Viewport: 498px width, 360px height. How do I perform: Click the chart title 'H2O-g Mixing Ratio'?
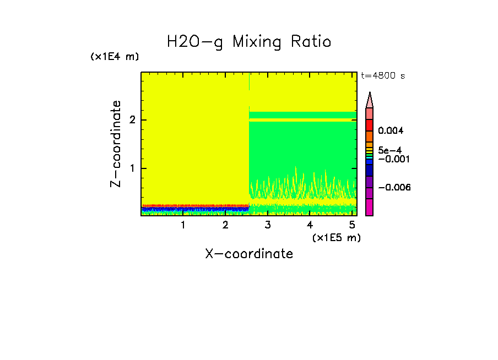249,42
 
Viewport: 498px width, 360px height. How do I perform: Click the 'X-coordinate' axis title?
249,254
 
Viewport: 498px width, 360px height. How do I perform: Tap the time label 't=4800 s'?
383,76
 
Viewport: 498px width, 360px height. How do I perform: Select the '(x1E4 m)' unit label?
115,57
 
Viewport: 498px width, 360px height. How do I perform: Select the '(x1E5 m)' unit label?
336,237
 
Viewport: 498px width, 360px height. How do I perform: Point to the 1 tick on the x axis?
183,225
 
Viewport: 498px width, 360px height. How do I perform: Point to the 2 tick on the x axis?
225,225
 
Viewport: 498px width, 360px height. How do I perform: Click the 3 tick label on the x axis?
267,225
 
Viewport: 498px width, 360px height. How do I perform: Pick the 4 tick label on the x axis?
310,225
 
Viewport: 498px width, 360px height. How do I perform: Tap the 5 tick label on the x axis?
352,225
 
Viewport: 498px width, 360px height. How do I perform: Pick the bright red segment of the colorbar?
370,125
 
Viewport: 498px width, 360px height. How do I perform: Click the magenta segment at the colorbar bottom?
370,207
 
